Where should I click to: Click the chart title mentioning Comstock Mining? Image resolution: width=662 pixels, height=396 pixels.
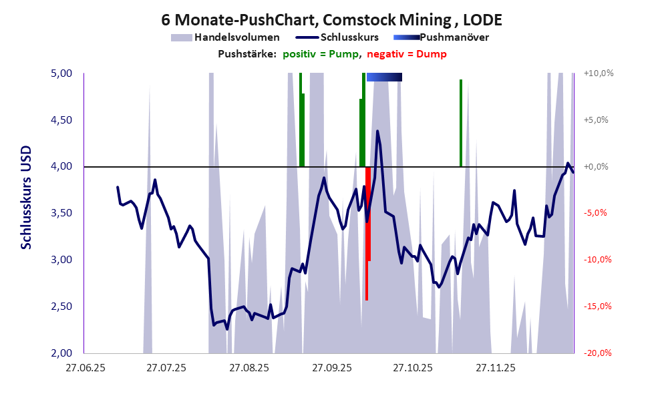point(331,19)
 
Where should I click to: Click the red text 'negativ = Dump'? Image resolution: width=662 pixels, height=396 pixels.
point(407,54)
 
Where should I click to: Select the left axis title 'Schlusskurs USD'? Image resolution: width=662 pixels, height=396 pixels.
point(26,198)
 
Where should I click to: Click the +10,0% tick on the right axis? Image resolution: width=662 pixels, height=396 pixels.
point(598,73)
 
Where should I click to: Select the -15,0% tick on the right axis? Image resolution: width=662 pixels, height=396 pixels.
point(598,307)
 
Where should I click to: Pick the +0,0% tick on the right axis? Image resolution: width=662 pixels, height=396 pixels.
point(598,167)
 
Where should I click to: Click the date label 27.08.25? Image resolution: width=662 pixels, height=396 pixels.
point(249,367)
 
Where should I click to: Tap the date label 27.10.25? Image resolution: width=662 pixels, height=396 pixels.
point(413,367)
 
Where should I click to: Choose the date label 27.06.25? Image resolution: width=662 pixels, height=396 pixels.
point(84,367)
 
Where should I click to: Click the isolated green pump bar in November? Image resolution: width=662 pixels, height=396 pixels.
point(461,123)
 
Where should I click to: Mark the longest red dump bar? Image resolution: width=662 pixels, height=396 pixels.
point(366,234)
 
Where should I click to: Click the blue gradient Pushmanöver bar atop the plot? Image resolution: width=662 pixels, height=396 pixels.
point(384,77)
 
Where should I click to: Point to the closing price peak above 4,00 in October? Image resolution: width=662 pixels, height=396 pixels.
point(377,132)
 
